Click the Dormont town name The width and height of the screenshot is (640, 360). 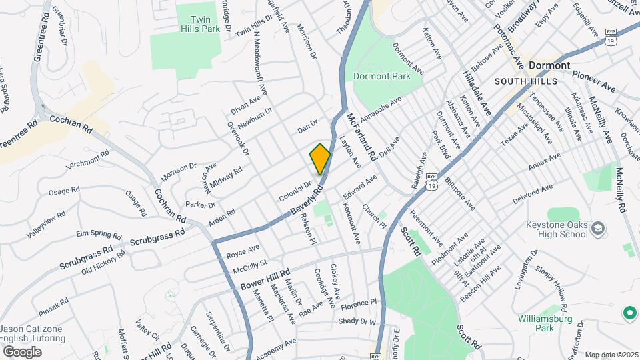click(549, 66)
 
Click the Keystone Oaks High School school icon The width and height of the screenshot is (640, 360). click(598, 229)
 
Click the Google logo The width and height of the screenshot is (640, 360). click(22, 351)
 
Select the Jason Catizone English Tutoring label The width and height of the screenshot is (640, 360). click(33, 334)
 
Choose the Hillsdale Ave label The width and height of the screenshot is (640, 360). click(477, 94)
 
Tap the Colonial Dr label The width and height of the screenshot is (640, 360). click(295, 191)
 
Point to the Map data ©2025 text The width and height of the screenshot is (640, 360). click(611, 355)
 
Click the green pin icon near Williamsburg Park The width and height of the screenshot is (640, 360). click(628, 312)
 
